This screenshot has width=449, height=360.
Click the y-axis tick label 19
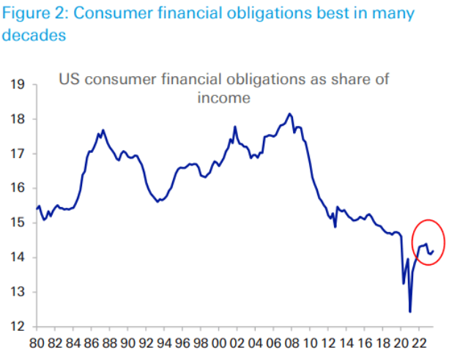18,85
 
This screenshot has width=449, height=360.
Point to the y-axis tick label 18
18,119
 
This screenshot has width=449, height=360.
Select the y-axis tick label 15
18,222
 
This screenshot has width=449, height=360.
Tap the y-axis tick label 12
18,326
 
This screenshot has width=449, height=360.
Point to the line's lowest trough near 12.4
410,311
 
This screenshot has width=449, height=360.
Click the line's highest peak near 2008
290,114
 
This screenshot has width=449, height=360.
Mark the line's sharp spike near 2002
235,127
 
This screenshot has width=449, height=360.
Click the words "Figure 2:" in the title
37,15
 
